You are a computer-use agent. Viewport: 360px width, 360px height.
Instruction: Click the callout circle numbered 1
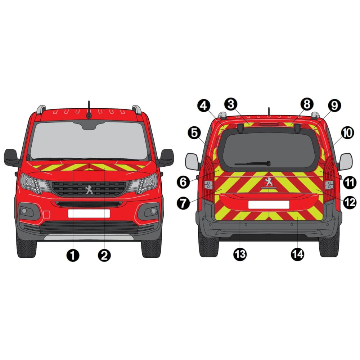click(x=73, y=255)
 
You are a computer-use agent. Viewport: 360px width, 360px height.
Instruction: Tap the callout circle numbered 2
click(x=104, y=255)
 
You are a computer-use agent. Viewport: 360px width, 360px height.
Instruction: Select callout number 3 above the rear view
click(x=231, y=104)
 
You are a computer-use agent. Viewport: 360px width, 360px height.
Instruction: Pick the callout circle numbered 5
click(x=194, y=133)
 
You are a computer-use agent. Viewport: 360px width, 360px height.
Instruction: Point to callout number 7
click(x=183, y=203)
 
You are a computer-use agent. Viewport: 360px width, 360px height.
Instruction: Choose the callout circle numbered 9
click(x=334, y=105)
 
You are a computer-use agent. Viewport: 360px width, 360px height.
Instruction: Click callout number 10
click(x=347, y=133)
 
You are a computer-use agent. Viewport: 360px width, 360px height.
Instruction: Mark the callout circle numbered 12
click(x=350, y=202)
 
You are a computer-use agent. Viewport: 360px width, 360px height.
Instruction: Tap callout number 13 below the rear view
click(x=240, y=254)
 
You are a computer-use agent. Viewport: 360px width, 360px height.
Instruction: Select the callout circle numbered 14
click(x=298, y=254)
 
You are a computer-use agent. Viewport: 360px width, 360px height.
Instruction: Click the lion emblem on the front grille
click(x=89, y=190)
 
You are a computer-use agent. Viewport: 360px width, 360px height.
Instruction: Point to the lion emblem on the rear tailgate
click(x=269, y=182)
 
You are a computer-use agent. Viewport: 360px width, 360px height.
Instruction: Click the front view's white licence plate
click(x=89, y=213)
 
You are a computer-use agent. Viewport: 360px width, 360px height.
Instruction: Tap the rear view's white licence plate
click(x=269, y=204)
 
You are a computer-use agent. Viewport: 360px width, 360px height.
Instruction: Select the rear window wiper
click(x=253, y=164)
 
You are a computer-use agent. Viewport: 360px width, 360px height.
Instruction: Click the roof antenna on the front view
click(x=89, y=110)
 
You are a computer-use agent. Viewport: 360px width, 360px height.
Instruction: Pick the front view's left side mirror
click(x=12, y=158)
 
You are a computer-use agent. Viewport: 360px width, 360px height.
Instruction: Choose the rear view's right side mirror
click(x=346, y=162)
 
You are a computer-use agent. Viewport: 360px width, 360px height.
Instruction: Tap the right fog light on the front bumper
click(x=153, y=211)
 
